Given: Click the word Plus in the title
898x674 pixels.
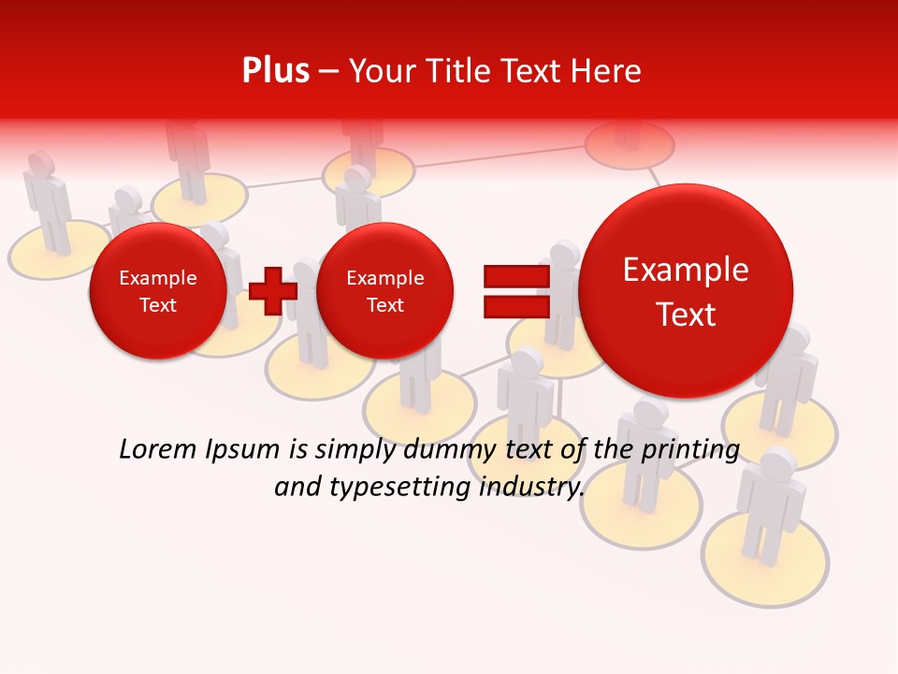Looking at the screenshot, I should pos(275,70).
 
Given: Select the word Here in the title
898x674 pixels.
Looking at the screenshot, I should pos(608,71).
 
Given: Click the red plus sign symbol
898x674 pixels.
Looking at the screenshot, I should pos(273,290).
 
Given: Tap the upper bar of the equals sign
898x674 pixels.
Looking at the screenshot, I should pos(515,277).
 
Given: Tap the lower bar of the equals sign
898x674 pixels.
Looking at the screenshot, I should pos(515,306).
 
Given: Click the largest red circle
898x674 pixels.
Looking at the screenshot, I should pos(686,290).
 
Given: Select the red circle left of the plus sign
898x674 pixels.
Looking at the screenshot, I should pos(157,291).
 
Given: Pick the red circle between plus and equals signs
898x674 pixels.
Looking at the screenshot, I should pos(384,291).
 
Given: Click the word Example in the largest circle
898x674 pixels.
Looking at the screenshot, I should pos(686,270).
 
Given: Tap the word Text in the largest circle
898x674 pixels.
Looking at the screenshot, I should pos(686,315).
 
